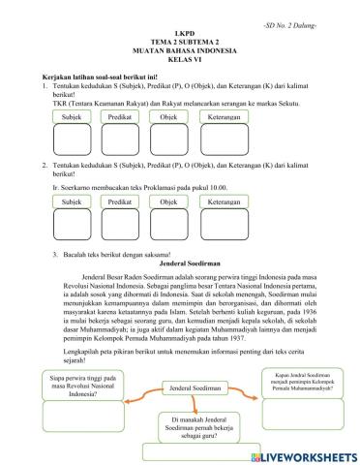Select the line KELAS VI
pyautogui.click(x=180, y=64)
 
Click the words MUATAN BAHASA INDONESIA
pyautogui.click(x=180, y=54)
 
